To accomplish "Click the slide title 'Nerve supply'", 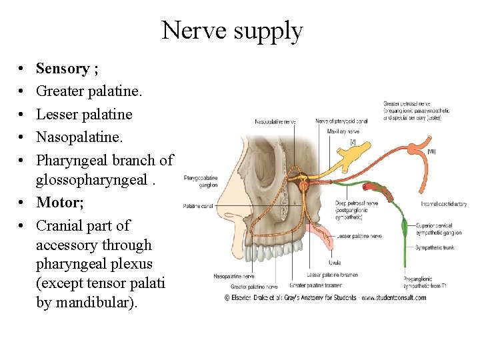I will [x=232, y=31].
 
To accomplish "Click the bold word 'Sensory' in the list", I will [x=63, y=69].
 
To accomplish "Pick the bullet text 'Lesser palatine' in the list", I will [x=84, y=114].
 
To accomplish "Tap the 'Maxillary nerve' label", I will [x=342, y=132].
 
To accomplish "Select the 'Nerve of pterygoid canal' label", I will [x=342, y=121].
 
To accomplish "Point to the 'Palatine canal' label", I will [x=197, y=206].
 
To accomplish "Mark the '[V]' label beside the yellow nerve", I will [x=353, y=141].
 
